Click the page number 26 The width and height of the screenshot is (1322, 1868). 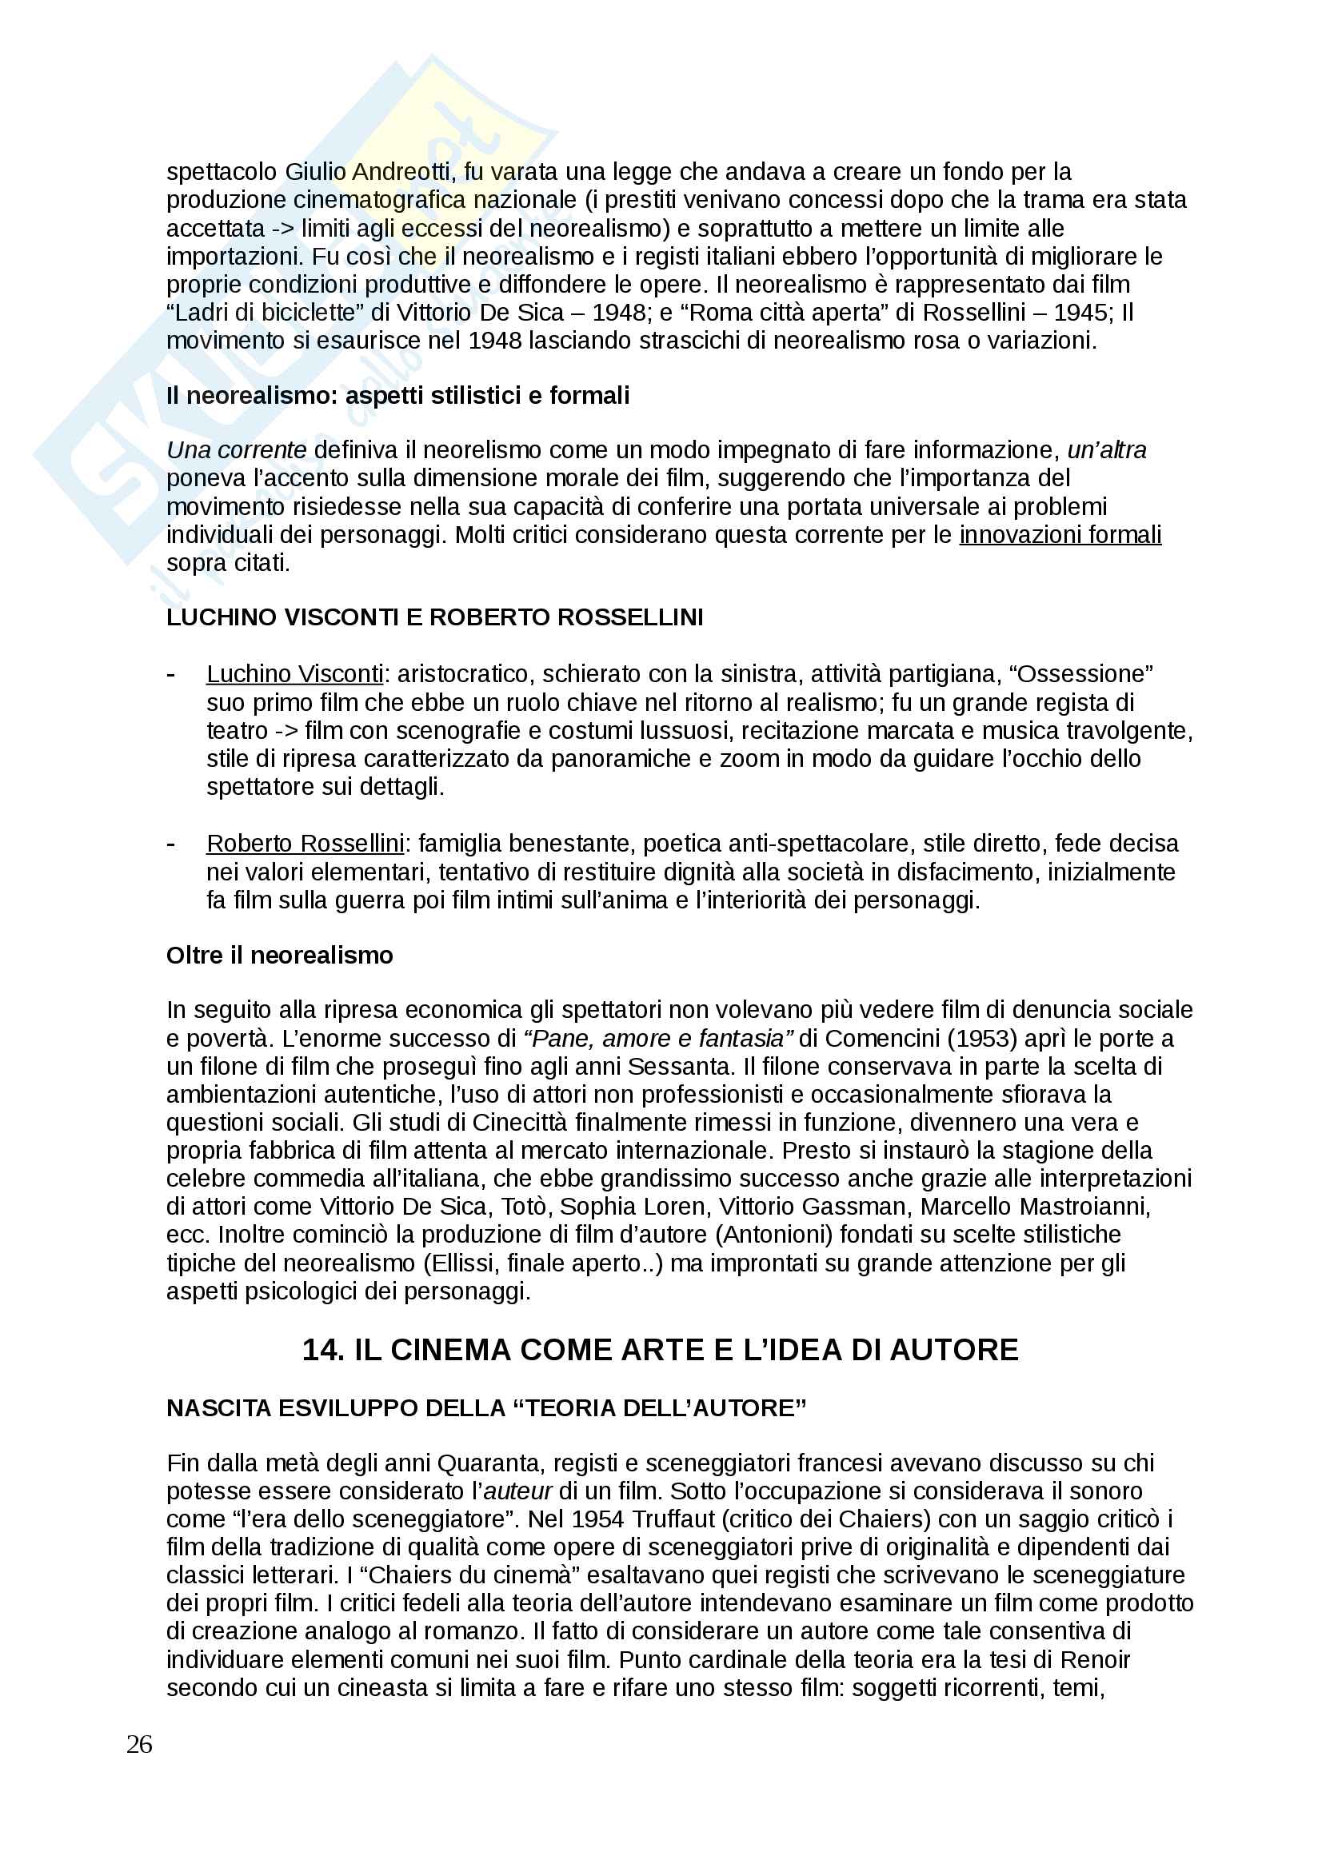(x=139, y=1743)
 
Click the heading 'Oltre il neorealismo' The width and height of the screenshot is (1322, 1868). (x=279, y=955)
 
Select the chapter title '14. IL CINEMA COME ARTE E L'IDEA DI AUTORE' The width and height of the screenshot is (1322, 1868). (x=660, y=1350)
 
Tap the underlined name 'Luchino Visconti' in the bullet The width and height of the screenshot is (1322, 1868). (x=294, y=674)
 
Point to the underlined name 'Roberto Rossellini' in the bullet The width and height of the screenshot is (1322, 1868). (x=306, y=844)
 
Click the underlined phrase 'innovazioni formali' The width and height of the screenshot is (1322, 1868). (x=1060, y=535)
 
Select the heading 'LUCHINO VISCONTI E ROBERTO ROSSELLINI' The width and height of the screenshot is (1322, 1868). (x=435, y=617)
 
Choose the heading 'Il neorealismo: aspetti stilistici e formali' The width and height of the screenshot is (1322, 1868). (x=398, y=396)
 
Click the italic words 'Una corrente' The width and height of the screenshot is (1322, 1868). (x=236, y=450)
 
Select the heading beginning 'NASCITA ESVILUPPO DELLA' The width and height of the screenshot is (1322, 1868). (x=486, y=1408)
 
